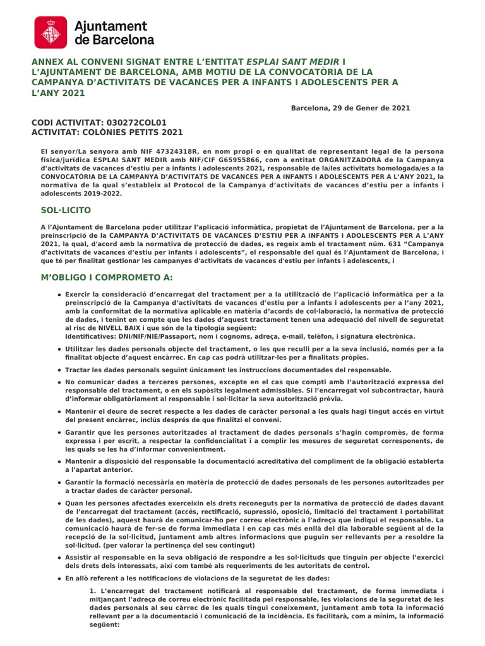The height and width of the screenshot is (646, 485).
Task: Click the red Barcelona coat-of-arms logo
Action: tap(51, 33)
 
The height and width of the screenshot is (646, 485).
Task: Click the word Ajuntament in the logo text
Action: tap(111, 26)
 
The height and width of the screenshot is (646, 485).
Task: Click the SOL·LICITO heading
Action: tap(61, 209)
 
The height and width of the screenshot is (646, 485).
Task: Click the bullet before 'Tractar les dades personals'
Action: tap(59, 370)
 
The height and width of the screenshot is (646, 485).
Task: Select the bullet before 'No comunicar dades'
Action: tap(59, 382)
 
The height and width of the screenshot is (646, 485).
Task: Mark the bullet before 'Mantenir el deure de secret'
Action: tap(59, 411)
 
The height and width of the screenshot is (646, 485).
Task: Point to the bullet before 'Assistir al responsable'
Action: tap(59, 558)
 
